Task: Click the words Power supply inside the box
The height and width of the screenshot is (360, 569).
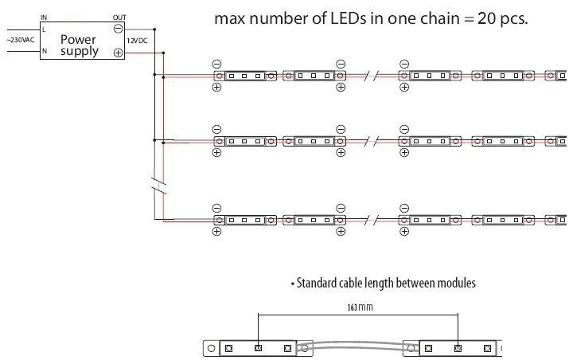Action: point(79,45)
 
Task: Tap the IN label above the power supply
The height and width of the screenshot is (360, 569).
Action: point(43,18)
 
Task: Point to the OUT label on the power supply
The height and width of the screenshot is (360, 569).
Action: point(119,18)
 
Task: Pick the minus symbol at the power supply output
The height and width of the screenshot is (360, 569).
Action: point(118,28)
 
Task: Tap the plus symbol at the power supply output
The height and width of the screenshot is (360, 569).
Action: point(118,53)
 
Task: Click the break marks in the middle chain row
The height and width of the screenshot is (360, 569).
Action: point(371,141)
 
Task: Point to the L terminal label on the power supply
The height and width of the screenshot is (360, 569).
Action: point(44,29)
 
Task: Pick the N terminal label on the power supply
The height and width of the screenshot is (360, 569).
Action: point(44,52)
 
